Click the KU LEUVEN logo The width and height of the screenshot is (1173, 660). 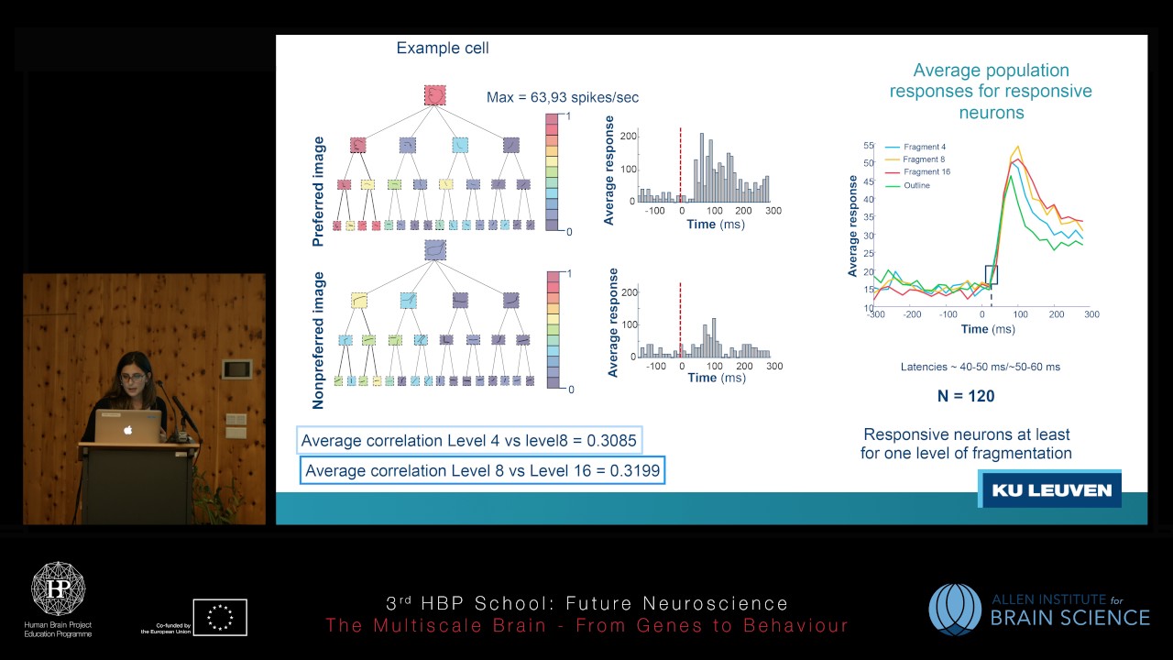1050,490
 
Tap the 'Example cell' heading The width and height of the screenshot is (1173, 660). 443,49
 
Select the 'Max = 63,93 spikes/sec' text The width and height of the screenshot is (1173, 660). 562,97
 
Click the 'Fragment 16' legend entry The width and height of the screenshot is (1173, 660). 926,171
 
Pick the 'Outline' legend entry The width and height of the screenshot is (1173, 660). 916,185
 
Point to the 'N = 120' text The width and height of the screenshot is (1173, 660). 959,396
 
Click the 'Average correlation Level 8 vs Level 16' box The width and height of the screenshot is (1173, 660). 482,471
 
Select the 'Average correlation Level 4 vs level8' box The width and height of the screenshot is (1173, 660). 468,441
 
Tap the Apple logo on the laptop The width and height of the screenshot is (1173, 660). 128,429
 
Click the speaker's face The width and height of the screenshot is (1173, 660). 133,377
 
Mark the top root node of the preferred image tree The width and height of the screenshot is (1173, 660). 434,94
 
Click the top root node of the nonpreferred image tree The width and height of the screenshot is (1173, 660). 434,249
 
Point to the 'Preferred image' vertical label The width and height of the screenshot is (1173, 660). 319,192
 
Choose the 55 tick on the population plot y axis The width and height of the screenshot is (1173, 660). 868,146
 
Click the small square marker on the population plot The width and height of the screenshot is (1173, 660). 991,274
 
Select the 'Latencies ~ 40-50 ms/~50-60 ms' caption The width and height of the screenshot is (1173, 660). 980,367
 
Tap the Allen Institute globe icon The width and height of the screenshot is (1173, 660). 954,610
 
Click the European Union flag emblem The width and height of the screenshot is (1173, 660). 220,617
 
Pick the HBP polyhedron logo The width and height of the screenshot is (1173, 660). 59,589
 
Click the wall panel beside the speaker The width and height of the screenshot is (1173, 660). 236,369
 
